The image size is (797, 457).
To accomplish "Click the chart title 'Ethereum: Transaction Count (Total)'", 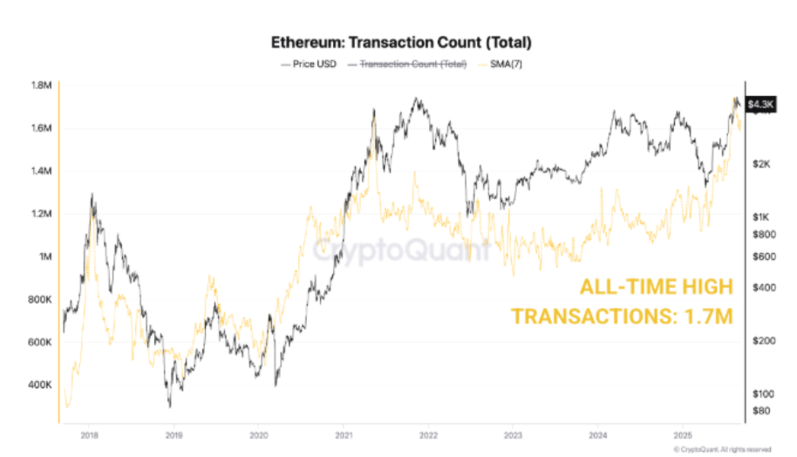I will [x=401, y=42].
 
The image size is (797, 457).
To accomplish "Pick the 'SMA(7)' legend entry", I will [x=500, y=64].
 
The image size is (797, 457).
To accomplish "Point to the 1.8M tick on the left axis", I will [x=41, y=85].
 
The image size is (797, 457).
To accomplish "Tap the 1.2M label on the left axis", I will [x=41, y=214].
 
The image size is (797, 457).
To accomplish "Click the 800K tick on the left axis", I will [x=41, y=299].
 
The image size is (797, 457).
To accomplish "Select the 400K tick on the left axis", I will [x=41, y=385].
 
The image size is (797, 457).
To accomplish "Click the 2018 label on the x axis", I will [x=88, y=433].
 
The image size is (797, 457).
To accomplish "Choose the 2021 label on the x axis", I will [x=344, y=433].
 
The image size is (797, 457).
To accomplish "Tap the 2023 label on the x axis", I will [x=514, y=433].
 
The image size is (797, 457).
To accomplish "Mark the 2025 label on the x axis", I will [x=684, y=433].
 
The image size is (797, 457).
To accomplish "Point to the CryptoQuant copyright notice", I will [x=723, y=448].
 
